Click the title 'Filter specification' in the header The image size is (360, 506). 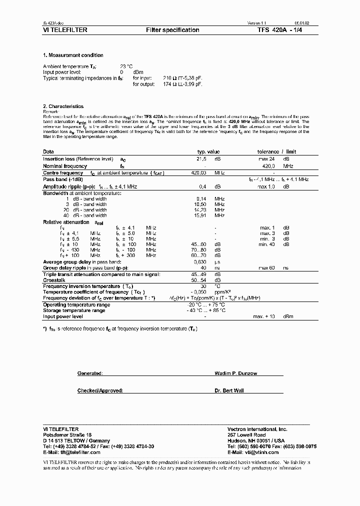pyautogui.click(x=172, y=30)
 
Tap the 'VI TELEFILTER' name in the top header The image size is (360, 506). pyautogui.click(x=65, y=30)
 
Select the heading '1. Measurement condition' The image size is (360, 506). pyautogui.click(x=73, y=55)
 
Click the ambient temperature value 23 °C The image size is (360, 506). pyautogui.click(x=126, y=66)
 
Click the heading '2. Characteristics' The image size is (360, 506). pyautogui.click(x=63, y=106)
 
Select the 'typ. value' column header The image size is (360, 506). pyautogui.click(x=208, y=151)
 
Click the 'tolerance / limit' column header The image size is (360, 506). pyautogui.click(x=276, y=151)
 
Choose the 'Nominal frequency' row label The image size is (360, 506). pyautogui.click(x=65, y=166)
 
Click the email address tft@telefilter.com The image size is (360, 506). pyautogui.click(x=72, y=452)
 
